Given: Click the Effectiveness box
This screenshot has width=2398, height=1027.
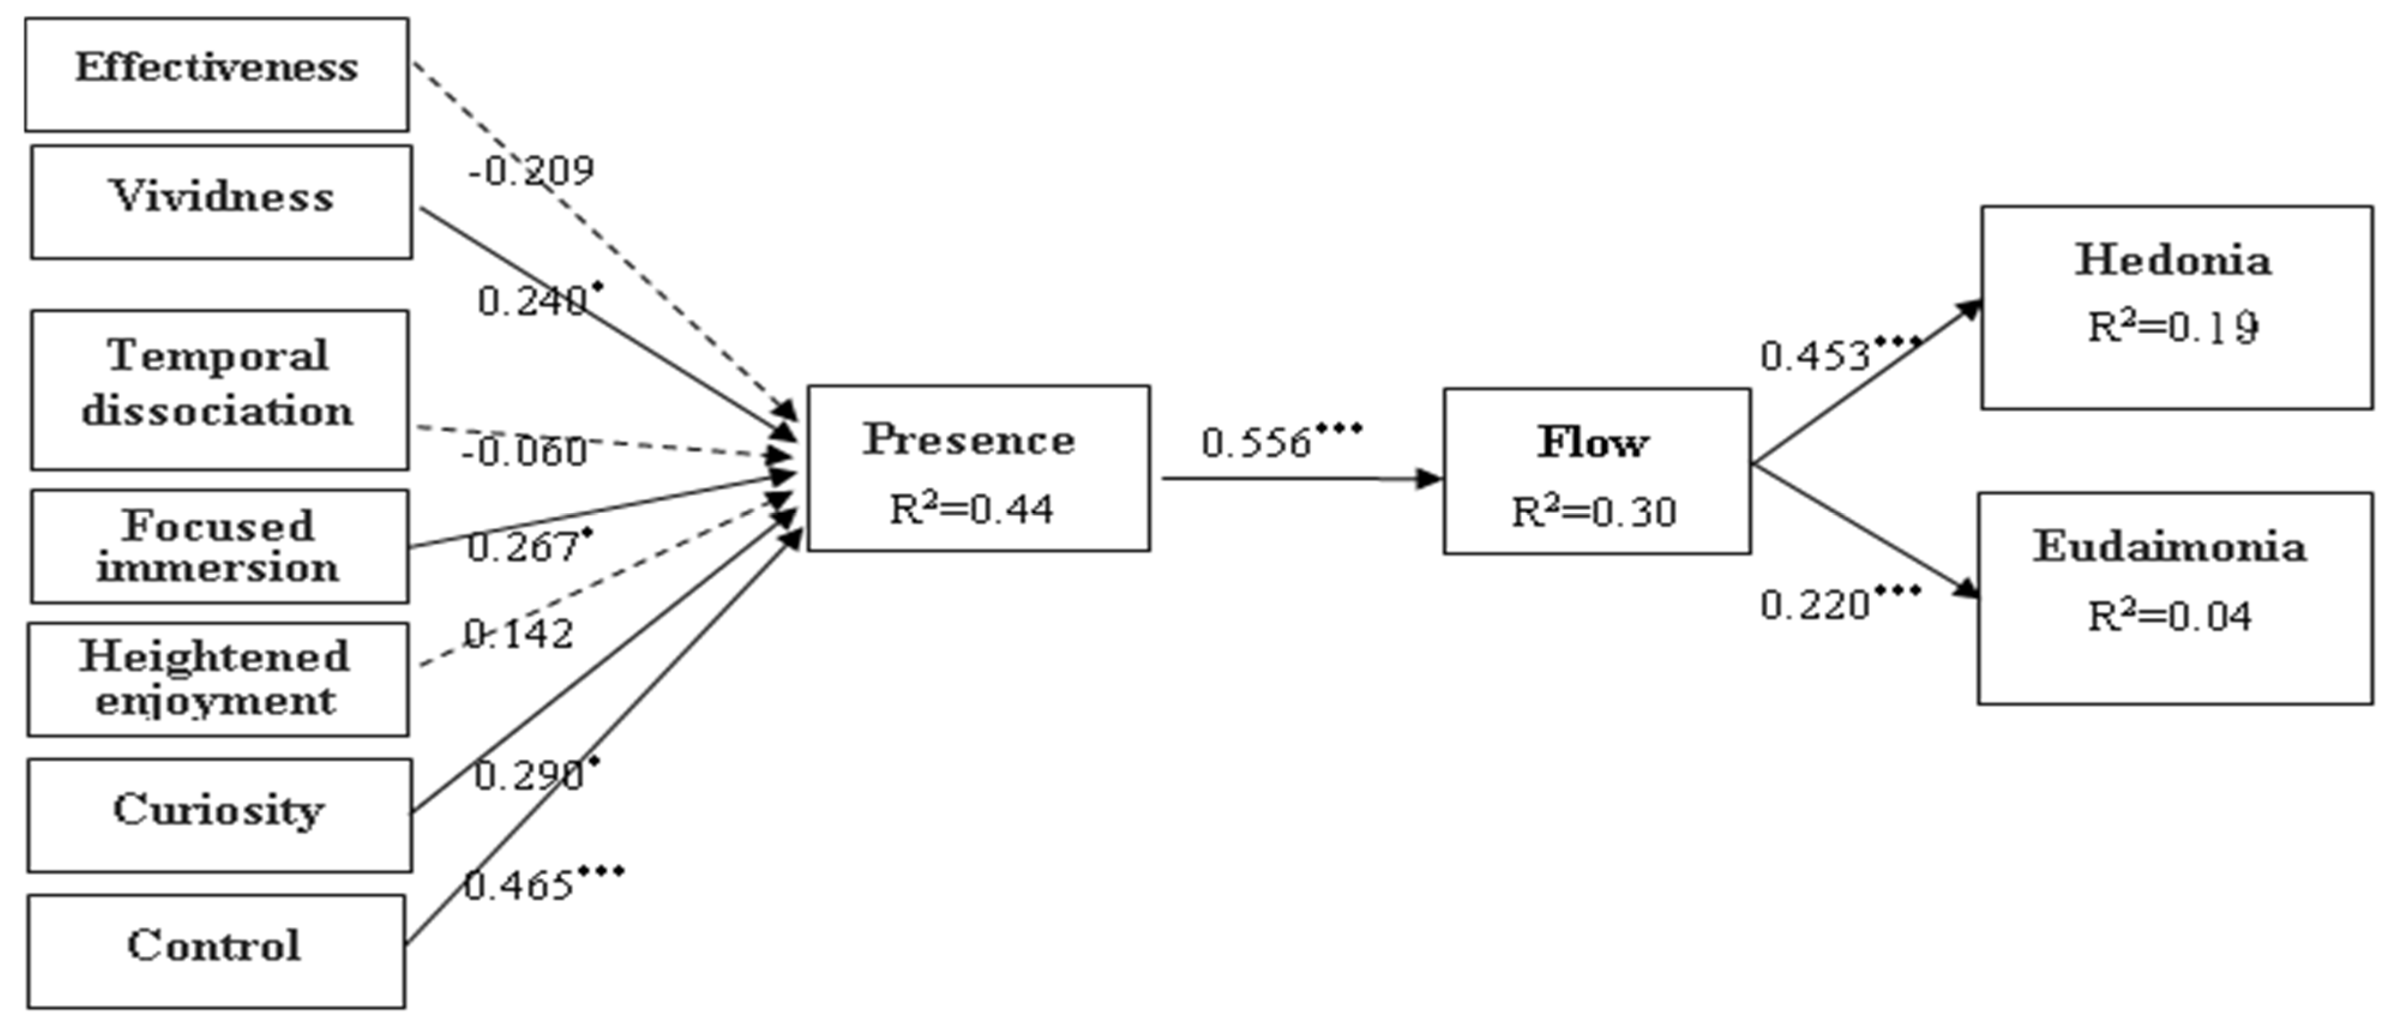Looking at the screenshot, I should (216, 74).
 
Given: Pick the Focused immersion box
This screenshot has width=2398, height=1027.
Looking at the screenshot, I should (219, 547).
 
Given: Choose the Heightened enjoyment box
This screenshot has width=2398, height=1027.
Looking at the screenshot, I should (218, 679).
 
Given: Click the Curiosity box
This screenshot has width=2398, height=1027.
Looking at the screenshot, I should (219, 815).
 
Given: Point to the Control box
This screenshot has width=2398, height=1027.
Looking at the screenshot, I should (216, 951).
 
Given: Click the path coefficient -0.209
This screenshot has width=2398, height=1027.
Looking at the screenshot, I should (531, 170).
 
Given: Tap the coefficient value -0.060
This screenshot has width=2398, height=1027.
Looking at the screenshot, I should (524, 451).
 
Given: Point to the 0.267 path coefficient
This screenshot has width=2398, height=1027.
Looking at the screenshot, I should (523, 547).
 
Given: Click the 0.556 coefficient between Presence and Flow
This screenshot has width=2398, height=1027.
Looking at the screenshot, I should (1257, 443).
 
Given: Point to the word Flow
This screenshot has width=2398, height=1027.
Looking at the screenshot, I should (1593, 443).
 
